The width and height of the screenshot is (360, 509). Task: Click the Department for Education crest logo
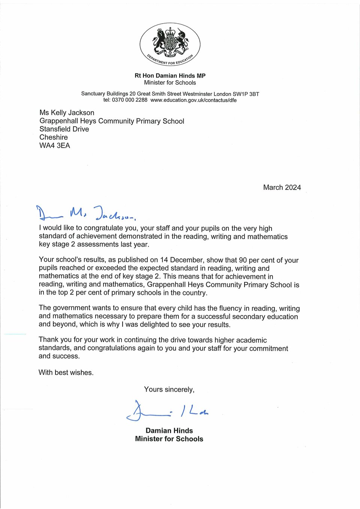click(x=170, y=44)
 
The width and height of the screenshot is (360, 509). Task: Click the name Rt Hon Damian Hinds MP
click(x=170, y=76)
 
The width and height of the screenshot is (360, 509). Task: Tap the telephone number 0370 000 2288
click(x=129, y=100)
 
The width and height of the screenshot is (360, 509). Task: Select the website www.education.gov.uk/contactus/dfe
click(x=193, y=100)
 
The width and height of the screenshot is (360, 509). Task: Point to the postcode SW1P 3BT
click(x=246, y=94)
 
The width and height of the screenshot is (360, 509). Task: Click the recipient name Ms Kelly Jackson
click(x=67, y=112)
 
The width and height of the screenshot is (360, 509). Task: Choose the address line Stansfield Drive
click(x=64, y=129)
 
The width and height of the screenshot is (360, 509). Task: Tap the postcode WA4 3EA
click(x=55, y=145)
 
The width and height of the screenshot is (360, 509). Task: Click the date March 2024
click(x=282, y=187)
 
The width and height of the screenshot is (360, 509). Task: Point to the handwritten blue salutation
click(x=86, y=213)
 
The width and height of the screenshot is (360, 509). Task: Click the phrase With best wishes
click(x=66, y=373)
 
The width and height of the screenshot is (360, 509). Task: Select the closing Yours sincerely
click(x=169, y=389)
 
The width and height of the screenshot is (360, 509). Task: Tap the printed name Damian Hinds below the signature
click(x=169, y=431)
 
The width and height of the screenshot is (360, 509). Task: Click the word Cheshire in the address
click(x=54, y=137)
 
